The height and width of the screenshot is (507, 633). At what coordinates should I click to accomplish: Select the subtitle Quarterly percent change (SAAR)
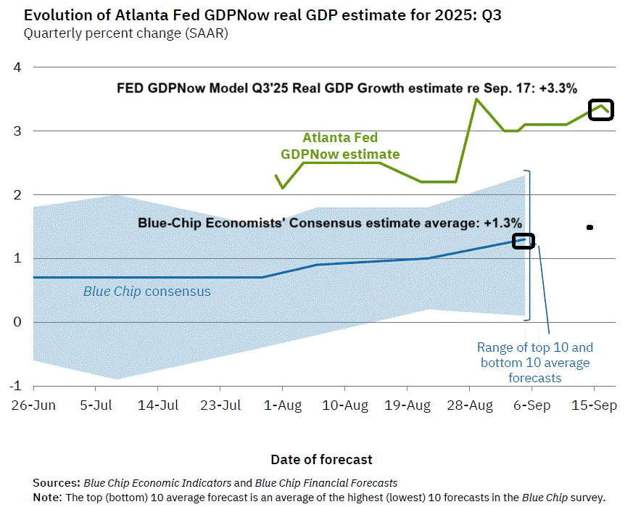pos(125,33)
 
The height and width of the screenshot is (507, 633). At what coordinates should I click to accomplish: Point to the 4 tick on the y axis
pos(18,67)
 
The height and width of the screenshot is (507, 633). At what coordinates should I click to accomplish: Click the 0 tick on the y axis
pos(18,322)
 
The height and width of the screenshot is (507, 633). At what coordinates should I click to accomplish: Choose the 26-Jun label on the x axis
pos(33,405)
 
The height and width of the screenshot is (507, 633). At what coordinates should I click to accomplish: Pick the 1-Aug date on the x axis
pos(281,405)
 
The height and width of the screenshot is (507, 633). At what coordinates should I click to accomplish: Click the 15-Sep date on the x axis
pos(594,405)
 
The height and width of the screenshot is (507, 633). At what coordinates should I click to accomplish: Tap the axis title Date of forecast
pos(321,459)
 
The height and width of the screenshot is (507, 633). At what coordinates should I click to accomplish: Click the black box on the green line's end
pos(601,110)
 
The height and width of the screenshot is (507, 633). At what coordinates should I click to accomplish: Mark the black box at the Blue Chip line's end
pos(524,241)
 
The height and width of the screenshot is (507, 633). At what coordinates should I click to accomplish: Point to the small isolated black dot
pos(589,228)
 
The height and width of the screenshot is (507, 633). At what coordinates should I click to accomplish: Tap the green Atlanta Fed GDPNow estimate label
pos(340,146)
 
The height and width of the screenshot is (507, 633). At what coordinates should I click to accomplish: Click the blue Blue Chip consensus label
pos(146,292)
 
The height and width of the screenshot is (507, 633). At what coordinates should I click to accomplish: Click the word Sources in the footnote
pos(57,482)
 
